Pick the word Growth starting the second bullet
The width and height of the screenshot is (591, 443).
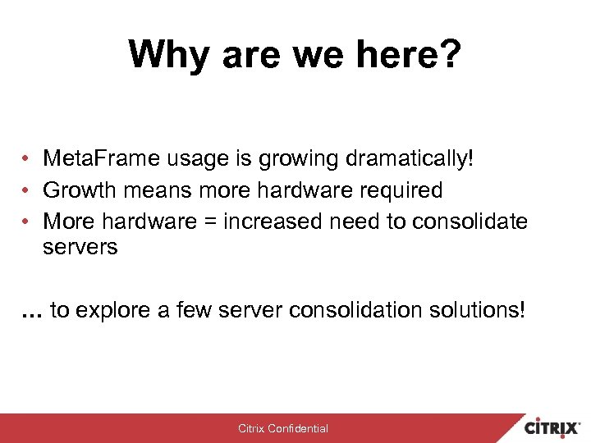click(79, 190)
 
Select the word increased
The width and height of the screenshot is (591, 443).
click(274, 221)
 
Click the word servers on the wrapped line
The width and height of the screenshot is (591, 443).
click(80, 247)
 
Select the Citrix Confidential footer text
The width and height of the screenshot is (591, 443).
click(283, 428)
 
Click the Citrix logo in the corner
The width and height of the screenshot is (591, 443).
click(553, 427)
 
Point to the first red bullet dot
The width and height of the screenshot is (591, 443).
click(27, 159)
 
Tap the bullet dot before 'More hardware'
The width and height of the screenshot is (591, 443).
click(27, 222)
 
